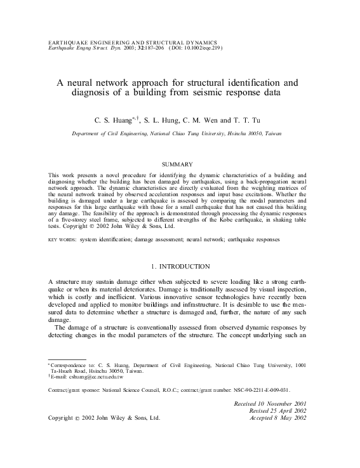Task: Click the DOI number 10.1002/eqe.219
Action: coord(199,47)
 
